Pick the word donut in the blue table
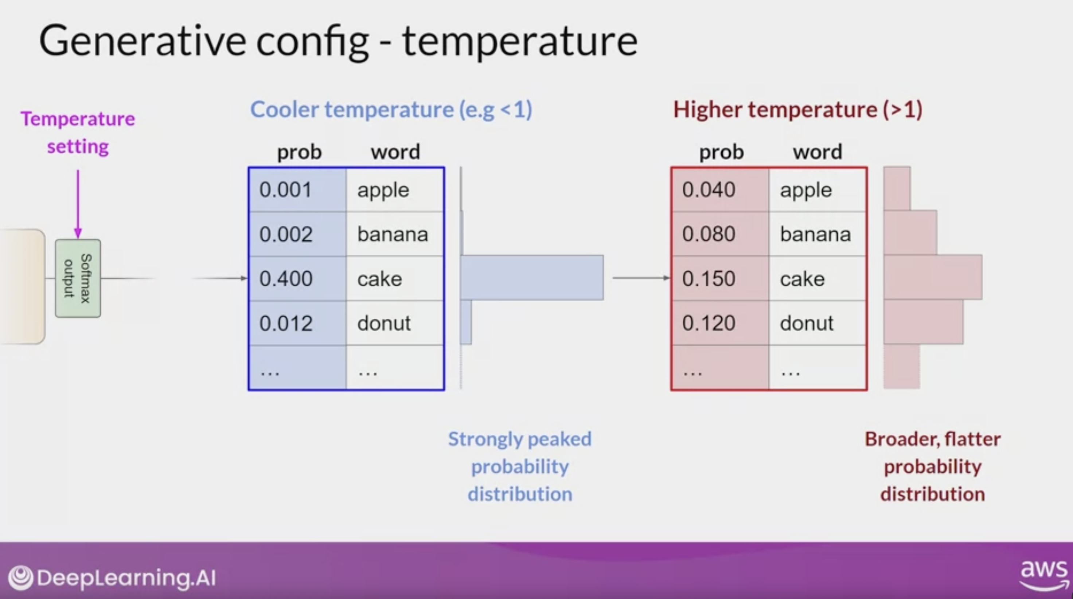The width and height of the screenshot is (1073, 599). tap(384, 323)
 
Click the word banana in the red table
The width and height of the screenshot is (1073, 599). tap(815, 234)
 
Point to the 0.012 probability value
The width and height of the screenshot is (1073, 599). tap(286, 323)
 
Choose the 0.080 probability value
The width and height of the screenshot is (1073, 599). tap(709, 234)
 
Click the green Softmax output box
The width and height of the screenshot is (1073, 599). tap(78, 278)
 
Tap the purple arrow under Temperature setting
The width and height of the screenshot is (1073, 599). tap(78, 204)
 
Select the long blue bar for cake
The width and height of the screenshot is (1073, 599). tap(532, 277)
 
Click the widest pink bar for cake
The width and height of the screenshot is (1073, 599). tap(933, 277)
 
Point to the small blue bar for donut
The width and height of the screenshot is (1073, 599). tap(466, 322)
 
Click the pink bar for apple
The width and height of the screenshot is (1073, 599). tap(897, 188)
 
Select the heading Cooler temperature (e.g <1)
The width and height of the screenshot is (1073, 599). tap(391, 110)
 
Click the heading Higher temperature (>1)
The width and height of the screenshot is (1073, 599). tap(798, 110)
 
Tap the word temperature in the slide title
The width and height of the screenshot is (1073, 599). tap(520, 41)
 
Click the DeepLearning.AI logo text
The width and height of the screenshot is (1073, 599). tap(126, 578)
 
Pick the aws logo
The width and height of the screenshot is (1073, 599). tap(1044, 575)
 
